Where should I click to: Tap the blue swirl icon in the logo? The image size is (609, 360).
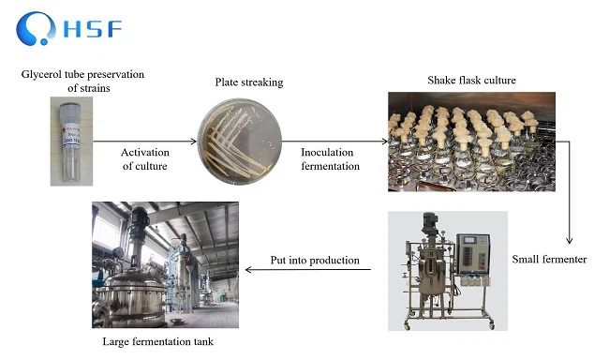[39, 28]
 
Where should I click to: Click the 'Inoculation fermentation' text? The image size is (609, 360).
[330, 158]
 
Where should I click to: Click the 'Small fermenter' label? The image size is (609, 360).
[550, 259]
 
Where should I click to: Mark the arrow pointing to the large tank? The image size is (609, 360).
[308, 271]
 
